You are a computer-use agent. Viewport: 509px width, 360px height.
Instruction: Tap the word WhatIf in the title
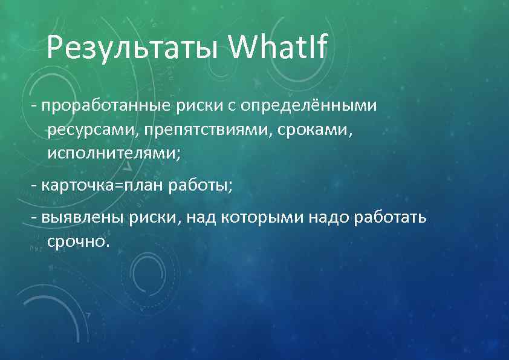pyautogui.click(x=279, y=47)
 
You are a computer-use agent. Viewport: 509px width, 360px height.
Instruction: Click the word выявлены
pyautogui.click(x=83, y=217)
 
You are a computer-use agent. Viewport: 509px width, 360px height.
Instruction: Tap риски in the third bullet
pyautogui.click(x=155, y=217)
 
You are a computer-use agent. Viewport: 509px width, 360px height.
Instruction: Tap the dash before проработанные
pyautogui.click(x=34, y=107)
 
